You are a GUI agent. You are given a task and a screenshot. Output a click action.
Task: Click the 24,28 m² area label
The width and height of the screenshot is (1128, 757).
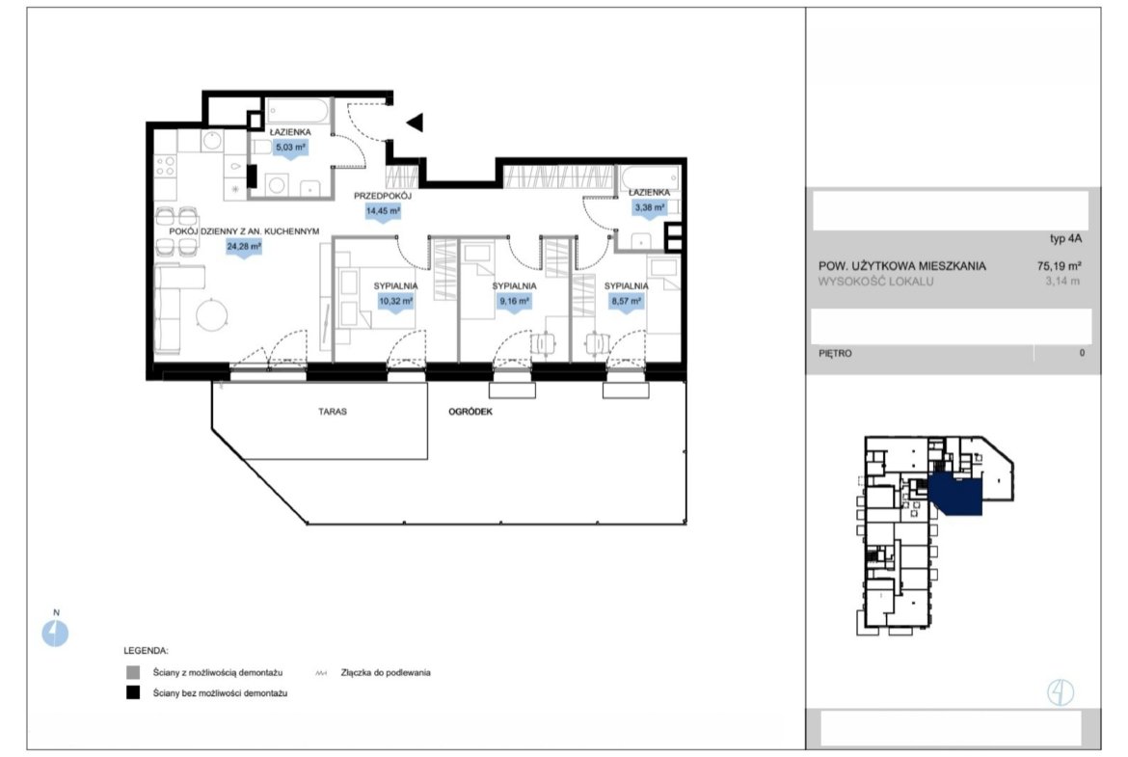pos(244,247)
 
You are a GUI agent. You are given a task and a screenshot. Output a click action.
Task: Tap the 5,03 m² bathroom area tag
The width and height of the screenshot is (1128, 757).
pos(290,148)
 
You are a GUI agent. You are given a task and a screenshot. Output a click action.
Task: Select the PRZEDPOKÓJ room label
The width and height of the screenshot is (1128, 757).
pos(382,196)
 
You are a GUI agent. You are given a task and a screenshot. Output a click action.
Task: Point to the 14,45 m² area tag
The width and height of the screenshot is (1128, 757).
pos(383,211)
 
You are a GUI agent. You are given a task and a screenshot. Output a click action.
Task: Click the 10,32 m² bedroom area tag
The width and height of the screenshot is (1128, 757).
pos(395,302)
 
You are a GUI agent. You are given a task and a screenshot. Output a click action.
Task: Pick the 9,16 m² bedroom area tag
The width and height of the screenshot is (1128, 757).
pos(514,302)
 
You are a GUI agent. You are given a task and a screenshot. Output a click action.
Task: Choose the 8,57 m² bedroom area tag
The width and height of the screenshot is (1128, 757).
pos(626,302)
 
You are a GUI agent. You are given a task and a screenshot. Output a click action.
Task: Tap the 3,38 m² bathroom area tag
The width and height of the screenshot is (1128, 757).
pos(649,208)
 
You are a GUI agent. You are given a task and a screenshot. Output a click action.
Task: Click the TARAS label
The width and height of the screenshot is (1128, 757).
pos(333,412)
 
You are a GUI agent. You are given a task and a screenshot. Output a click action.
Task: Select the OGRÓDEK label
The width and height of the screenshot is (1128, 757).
pos(470,412)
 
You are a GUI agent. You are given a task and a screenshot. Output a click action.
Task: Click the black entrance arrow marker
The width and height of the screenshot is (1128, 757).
pos(415,122)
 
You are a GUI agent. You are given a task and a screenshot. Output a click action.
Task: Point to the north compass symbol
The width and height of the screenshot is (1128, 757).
pos(55,634)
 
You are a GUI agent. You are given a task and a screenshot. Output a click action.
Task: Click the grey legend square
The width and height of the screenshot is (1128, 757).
pos(133,672)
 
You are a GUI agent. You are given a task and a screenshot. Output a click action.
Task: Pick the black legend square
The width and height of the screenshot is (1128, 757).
pos(133,693)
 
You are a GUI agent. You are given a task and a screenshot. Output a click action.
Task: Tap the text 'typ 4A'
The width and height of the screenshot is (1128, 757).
pos(1065,239)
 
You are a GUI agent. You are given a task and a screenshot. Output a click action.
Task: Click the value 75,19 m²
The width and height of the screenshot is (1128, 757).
pos(1059,265)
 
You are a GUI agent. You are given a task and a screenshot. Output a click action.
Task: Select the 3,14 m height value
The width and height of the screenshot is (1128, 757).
pos(1062,282)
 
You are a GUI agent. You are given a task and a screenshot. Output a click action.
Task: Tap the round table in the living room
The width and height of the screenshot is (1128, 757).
pos(211,314)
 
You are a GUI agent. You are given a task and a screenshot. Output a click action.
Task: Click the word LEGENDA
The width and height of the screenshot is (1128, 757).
pos(146,651)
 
